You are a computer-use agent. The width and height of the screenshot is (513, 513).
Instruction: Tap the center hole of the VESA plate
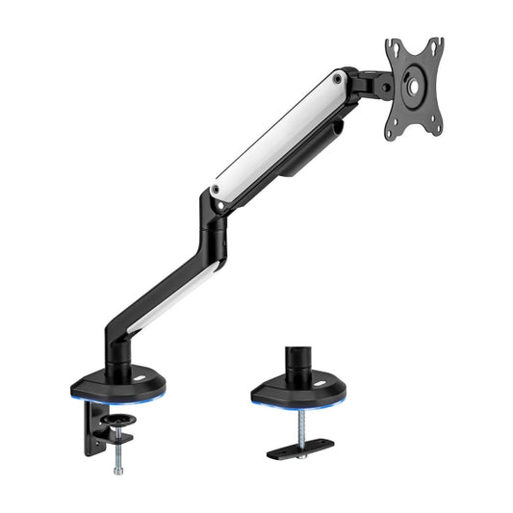tap(416, 86)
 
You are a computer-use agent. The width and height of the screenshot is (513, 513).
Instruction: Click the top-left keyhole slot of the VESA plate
tap(394, 49)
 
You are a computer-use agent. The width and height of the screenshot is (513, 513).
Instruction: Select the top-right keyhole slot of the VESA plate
tap(436, 46)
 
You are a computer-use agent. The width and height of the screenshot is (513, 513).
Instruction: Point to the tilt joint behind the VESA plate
tap(372, 84)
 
